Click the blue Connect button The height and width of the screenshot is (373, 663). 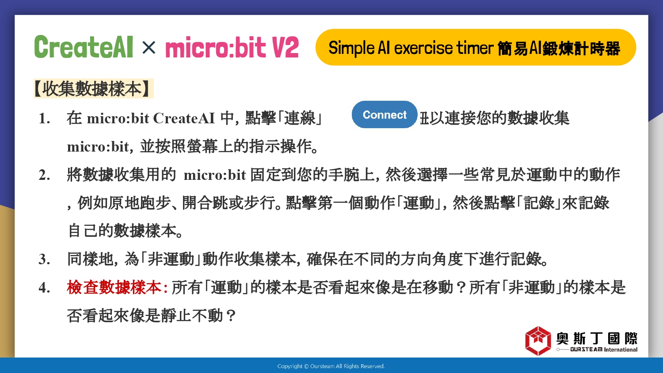click(385, 114)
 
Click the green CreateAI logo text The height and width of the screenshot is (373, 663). click(84, 47)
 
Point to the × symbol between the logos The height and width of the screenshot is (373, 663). click(149, 47)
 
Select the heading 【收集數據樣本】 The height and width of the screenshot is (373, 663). click(94, 88)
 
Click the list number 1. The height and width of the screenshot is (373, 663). click(44, 119)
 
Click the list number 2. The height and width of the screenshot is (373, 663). click(44, 175)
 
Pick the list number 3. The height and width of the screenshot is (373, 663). click(44, 259)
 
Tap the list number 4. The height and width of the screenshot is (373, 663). click(44, 288)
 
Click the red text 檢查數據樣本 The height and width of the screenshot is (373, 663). click(114, 287)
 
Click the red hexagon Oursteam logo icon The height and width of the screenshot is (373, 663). click(538, 341)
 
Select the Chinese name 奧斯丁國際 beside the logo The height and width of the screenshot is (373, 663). click(597, 339)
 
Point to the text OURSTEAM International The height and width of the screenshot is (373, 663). click(604, 350)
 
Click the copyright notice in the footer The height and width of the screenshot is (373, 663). click(331, 366)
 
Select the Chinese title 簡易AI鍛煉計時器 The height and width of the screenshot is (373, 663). click(559, 49)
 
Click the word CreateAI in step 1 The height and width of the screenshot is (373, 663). click(184, 118)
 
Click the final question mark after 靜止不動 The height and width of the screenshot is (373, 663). click(230, 316)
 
